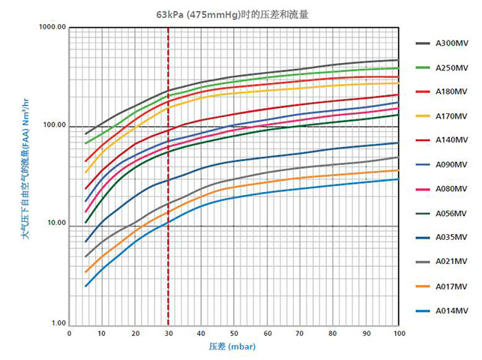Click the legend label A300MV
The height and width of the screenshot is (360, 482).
point(451,43)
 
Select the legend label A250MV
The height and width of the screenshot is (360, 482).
point(451,67)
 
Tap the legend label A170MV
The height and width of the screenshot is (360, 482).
point(451,116)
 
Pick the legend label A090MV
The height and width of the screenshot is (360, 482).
point(451,164)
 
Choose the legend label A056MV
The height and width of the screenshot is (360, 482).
point(451,213)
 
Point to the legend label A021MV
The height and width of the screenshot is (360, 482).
point(451,261)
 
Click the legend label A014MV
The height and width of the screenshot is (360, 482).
point(451,310)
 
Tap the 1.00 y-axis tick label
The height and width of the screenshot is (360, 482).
point(58,323)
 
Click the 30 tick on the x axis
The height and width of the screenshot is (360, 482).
point(168,333)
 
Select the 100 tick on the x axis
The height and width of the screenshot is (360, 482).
point(398,333)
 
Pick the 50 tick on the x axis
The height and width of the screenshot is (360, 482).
point(234,333)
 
